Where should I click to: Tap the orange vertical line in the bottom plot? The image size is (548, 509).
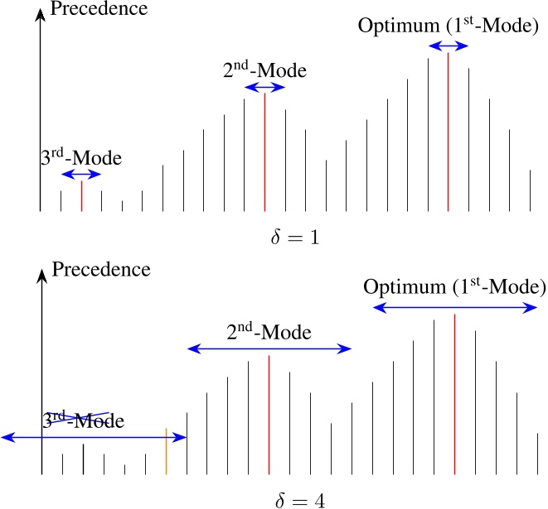click(167, 453)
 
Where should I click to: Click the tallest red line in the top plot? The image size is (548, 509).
click(448, 132)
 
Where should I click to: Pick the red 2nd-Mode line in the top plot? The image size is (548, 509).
click(264, 152)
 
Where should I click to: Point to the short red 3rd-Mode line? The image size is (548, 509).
click(81, 197)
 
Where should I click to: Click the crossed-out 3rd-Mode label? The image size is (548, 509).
click(83, 420)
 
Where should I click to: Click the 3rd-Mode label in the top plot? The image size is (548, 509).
click(80, 157)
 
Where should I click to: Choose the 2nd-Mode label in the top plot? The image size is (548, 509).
click(264, 70)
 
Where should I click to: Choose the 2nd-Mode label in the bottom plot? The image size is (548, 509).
click(269, 334)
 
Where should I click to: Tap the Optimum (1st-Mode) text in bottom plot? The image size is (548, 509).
click(454, 287)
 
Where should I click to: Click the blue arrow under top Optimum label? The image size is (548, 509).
click(448, 46)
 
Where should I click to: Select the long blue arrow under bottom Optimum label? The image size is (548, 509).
click(454, 307)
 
